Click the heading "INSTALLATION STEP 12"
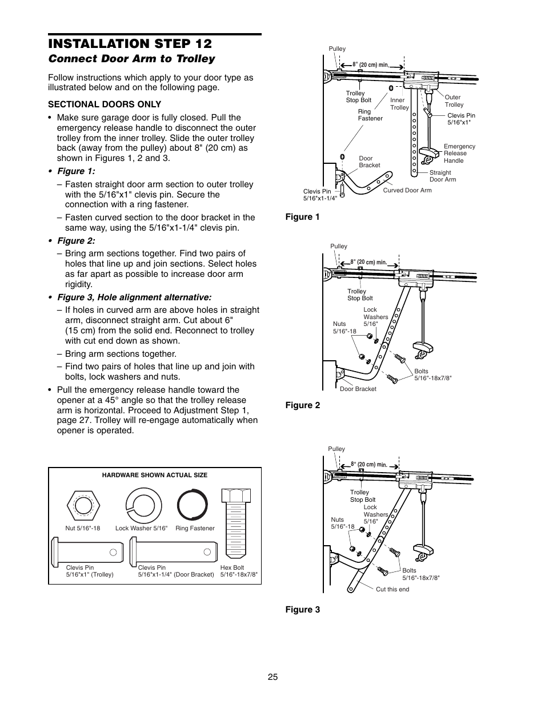[130, 44]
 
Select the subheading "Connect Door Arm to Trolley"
[131, 59]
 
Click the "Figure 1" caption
[302, 217]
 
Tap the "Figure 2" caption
[302, 405]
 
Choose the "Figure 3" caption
[302, 610]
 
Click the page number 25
[272, 677]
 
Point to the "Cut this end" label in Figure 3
[392, 589]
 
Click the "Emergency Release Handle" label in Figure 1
[459, 154]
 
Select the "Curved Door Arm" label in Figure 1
[407, 190]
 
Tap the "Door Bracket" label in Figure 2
[358, 389]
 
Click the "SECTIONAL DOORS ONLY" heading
[105, 104]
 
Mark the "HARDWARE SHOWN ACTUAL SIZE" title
[154, 475]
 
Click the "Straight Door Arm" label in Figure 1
[442, 176]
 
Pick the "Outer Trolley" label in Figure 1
[454, 101]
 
